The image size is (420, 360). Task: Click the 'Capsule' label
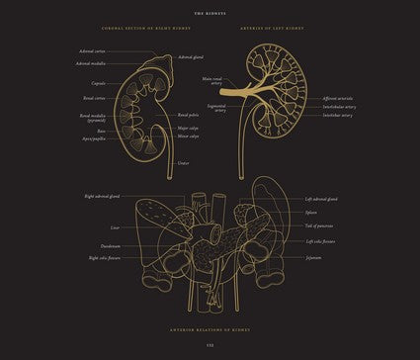point(98,84)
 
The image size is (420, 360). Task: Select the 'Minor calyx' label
point(188,136)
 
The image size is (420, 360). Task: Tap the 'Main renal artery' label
point(211,82)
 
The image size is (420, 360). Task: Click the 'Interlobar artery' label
point(337,115)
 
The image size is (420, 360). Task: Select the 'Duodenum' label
point(110,245)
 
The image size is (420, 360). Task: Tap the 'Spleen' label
point(311,212)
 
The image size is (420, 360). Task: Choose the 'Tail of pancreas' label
point(319,225)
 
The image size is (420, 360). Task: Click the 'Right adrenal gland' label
point(103,197)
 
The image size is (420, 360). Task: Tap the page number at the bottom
point(210,344)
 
